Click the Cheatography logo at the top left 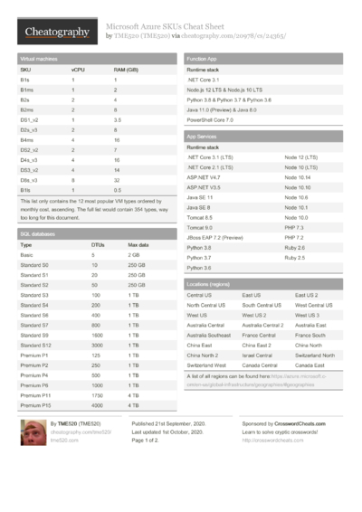[56, 33]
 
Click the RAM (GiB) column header [126, 69]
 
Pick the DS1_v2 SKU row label [30, 119]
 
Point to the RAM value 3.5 [118, 119]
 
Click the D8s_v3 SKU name [30, 180]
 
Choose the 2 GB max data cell [136, 254]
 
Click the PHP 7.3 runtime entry [295, 227]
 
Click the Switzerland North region [315, 356]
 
